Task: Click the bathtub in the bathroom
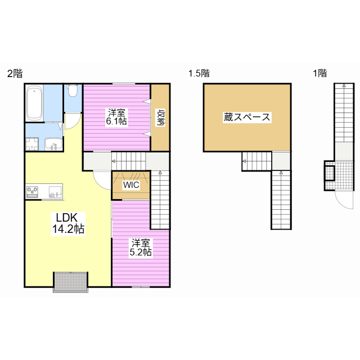click(34, 103)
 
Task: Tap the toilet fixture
click(73, 91)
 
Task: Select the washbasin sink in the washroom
click(53, 144)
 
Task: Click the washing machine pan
click(32, 144)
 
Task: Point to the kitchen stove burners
click(33, 192)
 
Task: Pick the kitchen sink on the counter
click(55, 192)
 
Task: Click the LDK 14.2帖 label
click(68, 223)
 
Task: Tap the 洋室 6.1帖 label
click(116, 117)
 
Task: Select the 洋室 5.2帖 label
click(141, 247)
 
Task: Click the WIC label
click(131, 185)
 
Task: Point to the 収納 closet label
click(161, 118)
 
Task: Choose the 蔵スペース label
click(247, 118)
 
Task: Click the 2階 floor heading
click(15, 74)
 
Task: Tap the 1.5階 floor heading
click(199, 73)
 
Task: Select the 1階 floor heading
click(320, 73)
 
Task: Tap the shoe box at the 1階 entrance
click(330, 173)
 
